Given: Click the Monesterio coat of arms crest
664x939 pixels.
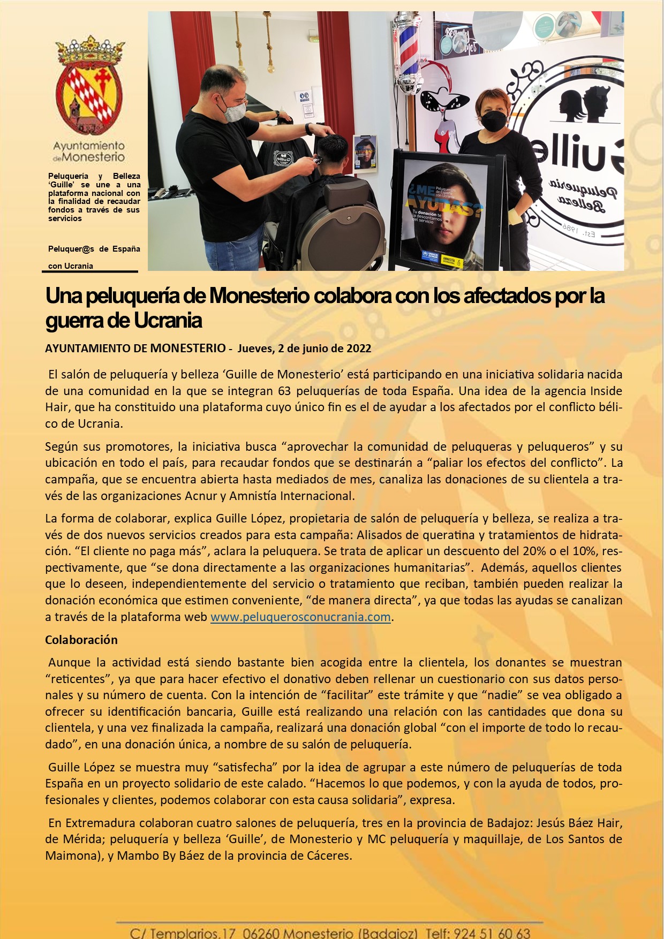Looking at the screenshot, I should [89, 86].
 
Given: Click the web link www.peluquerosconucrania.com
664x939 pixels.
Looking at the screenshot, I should [300, 617].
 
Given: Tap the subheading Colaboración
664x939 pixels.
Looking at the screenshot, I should [81, 640].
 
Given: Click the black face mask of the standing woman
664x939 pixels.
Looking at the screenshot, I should [493, 121].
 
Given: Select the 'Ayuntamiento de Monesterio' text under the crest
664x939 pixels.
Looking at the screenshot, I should [89, 152].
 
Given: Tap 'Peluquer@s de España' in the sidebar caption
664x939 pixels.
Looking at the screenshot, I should [94, 249].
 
